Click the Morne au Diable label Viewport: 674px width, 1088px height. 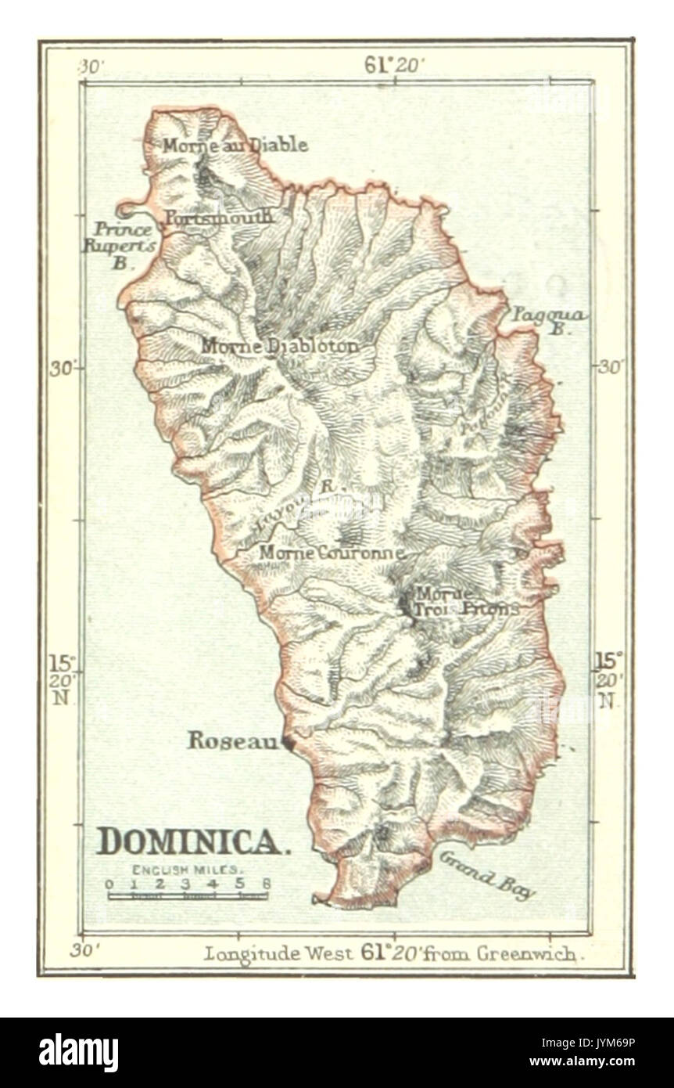coord(235,146)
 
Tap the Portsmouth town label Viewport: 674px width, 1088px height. coord(218,217)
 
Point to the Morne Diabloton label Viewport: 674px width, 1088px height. coord(281,346)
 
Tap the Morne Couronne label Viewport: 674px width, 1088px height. coord(332,553)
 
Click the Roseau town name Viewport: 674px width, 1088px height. coord(232,741)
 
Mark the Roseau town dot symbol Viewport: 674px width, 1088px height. coord(288,744)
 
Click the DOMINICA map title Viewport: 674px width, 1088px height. coord(191,841)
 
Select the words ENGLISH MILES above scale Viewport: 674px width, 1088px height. coord(188,870)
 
